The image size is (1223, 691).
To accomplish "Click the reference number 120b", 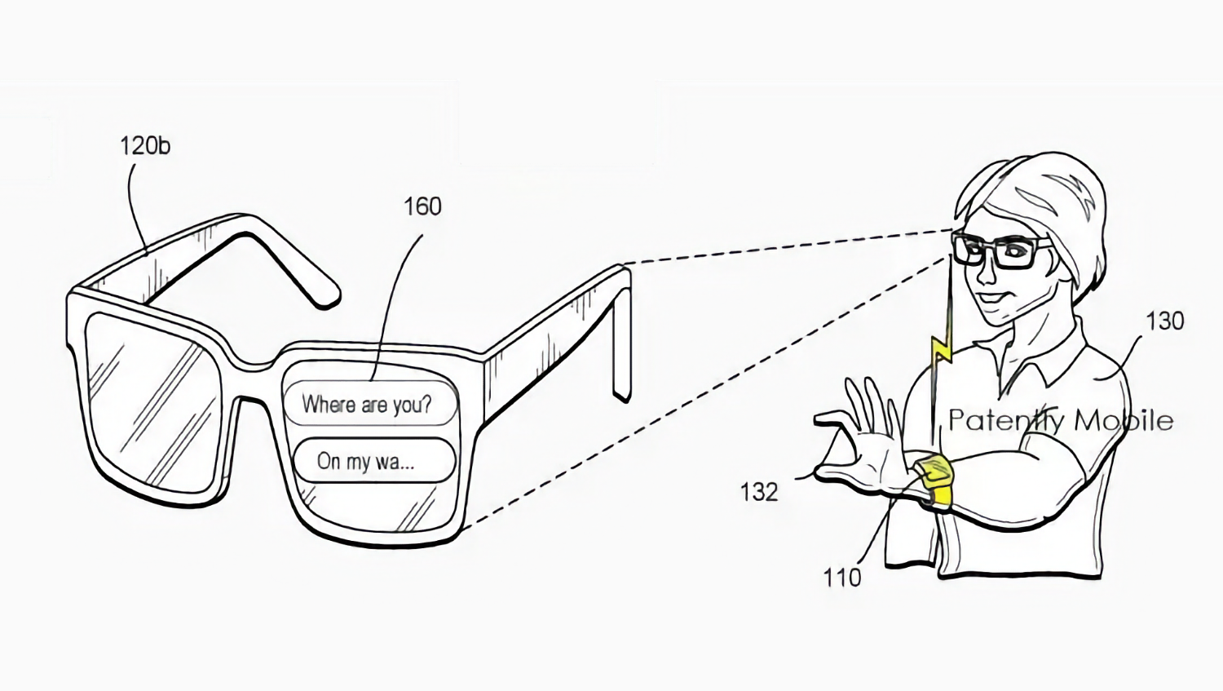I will (x=144, y=146).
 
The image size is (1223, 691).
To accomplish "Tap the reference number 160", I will (x=422, y=206).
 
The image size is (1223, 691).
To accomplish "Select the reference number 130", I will (x=1164, y=321).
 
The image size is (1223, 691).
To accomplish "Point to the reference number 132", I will (x=758, y=492).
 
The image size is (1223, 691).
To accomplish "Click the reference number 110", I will (x=842, y=578).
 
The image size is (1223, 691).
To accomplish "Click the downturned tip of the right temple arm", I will (x=621, y=392).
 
